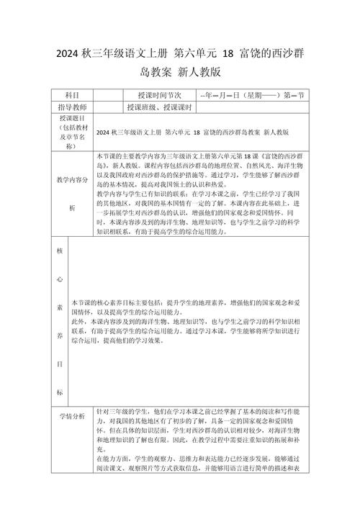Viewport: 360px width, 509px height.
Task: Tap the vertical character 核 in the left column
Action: click(x=59, y=252)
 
